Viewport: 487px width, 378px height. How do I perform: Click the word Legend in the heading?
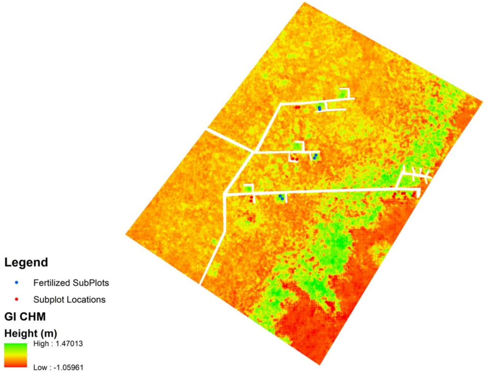[26, 262]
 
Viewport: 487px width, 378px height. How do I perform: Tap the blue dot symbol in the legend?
[17, 282]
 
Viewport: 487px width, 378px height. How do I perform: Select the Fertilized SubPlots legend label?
[71, 283]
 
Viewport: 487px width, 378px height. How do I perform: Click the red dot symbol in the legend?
[17, 299]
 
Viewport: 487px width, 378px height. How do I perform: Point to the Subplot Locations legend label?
[69, 299]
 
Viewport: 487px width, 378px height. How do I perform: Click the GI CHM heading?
[25, 317]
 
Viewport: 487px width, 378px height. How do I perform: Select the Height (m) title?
[30, 333]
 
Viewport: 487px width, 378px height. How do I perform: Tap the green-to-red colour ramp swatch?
[16, 355]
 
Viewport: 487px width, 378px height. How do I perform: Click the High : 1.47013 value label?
[58, 343]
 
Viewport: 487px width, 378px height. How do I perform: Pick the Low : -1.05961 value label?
[58, 367]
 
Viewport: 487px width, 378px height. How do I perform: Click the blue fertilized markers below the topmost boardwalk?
[319, 108]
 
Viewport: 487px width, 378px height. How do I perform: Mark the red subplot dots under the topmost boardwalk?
[297, 107]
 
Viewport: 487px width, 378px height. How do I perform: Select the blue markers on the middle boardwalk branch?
[315, 157]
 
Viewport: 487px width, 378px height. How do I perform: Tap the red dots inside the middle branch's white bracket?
[294, 159]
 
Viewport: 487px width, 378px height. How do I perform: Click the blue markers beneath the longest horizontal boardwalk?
[281, 197]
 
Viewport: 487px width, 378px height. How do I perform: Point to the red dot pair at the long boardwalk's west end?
[251, 199]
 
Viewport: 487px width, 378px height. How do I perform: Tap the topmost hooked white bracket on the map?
[345, 92]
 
